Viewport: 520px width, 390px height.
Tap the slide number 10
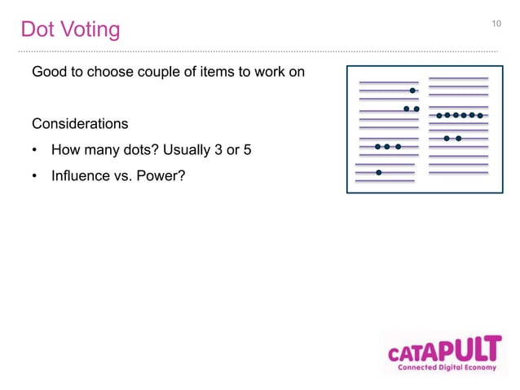496,24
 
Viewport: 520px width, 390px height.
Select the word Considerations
80,124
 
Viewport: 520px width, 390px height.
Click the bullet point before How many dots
35,149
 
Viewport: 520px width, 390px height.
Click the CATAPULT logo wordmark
443,350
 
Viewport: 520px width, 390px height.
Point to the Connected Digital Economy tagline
444,368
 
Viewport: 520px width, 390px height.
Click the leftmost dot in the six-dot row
439,116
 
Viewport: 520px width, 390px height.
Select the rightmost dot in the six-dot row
480,116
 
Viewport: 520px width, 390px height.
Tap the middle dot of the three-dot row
387,147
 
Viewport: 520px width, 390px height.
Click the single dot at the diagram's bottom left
379,172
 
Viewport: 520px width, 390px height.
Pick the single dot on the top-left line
412,91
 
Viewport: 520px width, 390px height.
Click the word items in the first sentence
192,73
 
